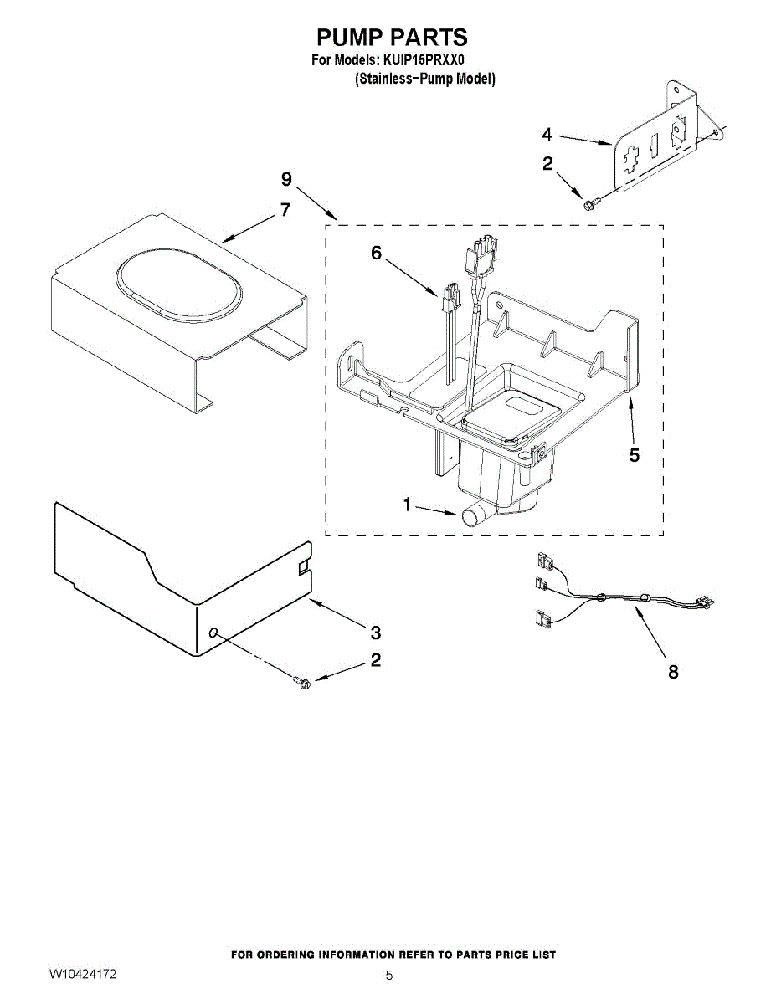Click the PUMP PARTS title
[x=391, y=38]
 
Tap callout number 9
[x=286, y=179]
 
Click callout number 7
[x=286, y=210]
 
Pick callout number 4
[x=547, y=134]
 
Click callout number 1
[x=408, y=505]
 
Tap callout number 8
[x=673, y=671]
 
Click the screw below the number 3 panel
[x=301, y=683]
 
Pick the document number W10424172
[x=83, y=975]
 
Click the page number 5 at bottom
[x=389, y=976]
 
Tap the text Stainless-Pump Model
[x=424, y=79]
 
